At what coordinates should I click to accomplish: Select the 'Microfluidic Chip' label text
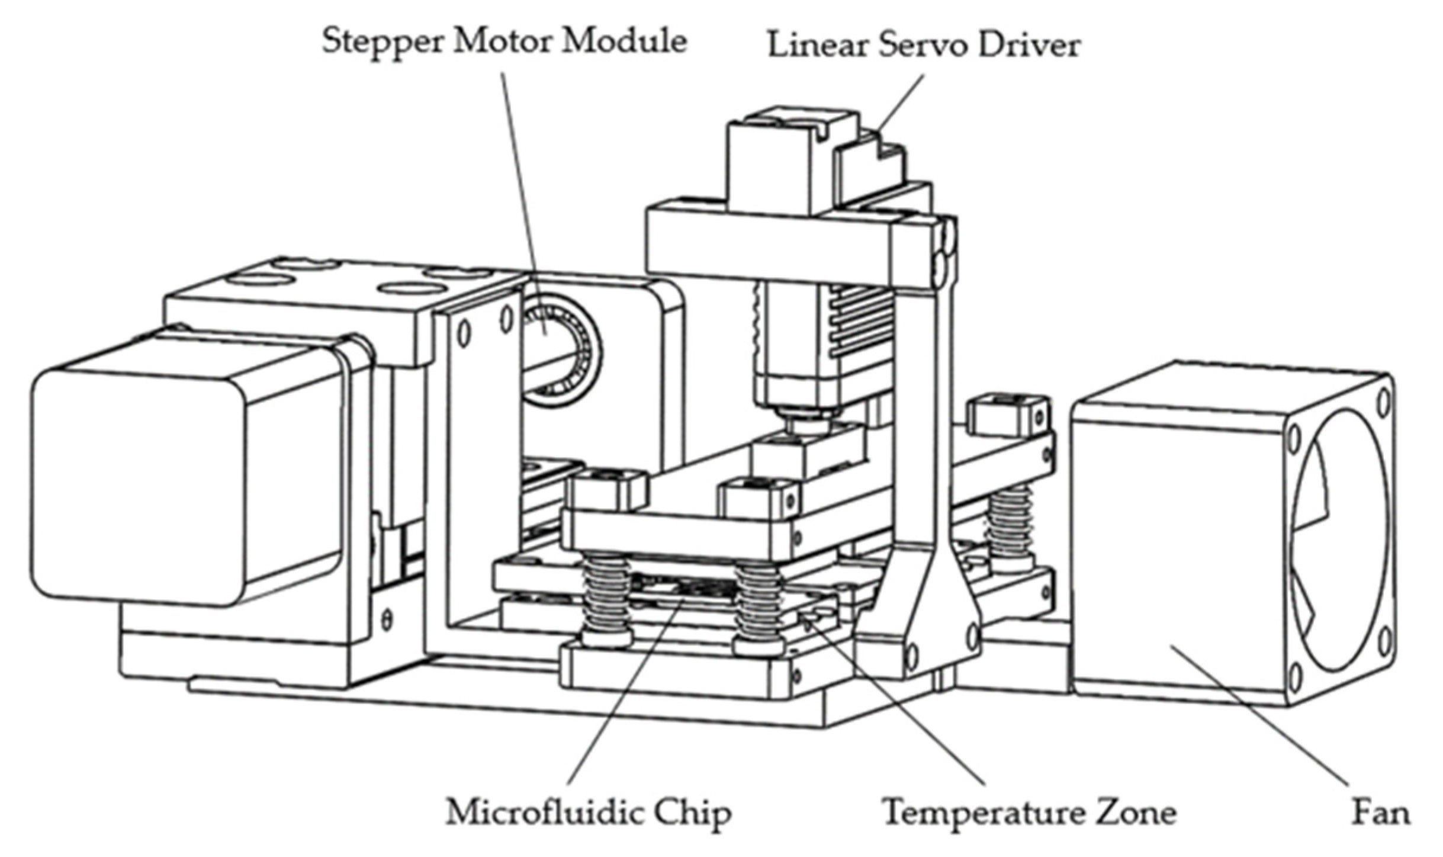tap(588, 813)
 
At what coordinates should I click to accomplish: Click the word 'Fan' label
tap(1380, 813)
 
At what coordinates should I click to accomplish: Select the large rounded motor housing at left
tap(142, 480)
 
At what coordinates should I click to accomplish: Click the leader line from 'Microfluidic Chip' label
tap(622, 693)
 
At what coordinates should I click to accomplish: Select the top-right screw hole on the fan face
tap(1383, 403)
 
